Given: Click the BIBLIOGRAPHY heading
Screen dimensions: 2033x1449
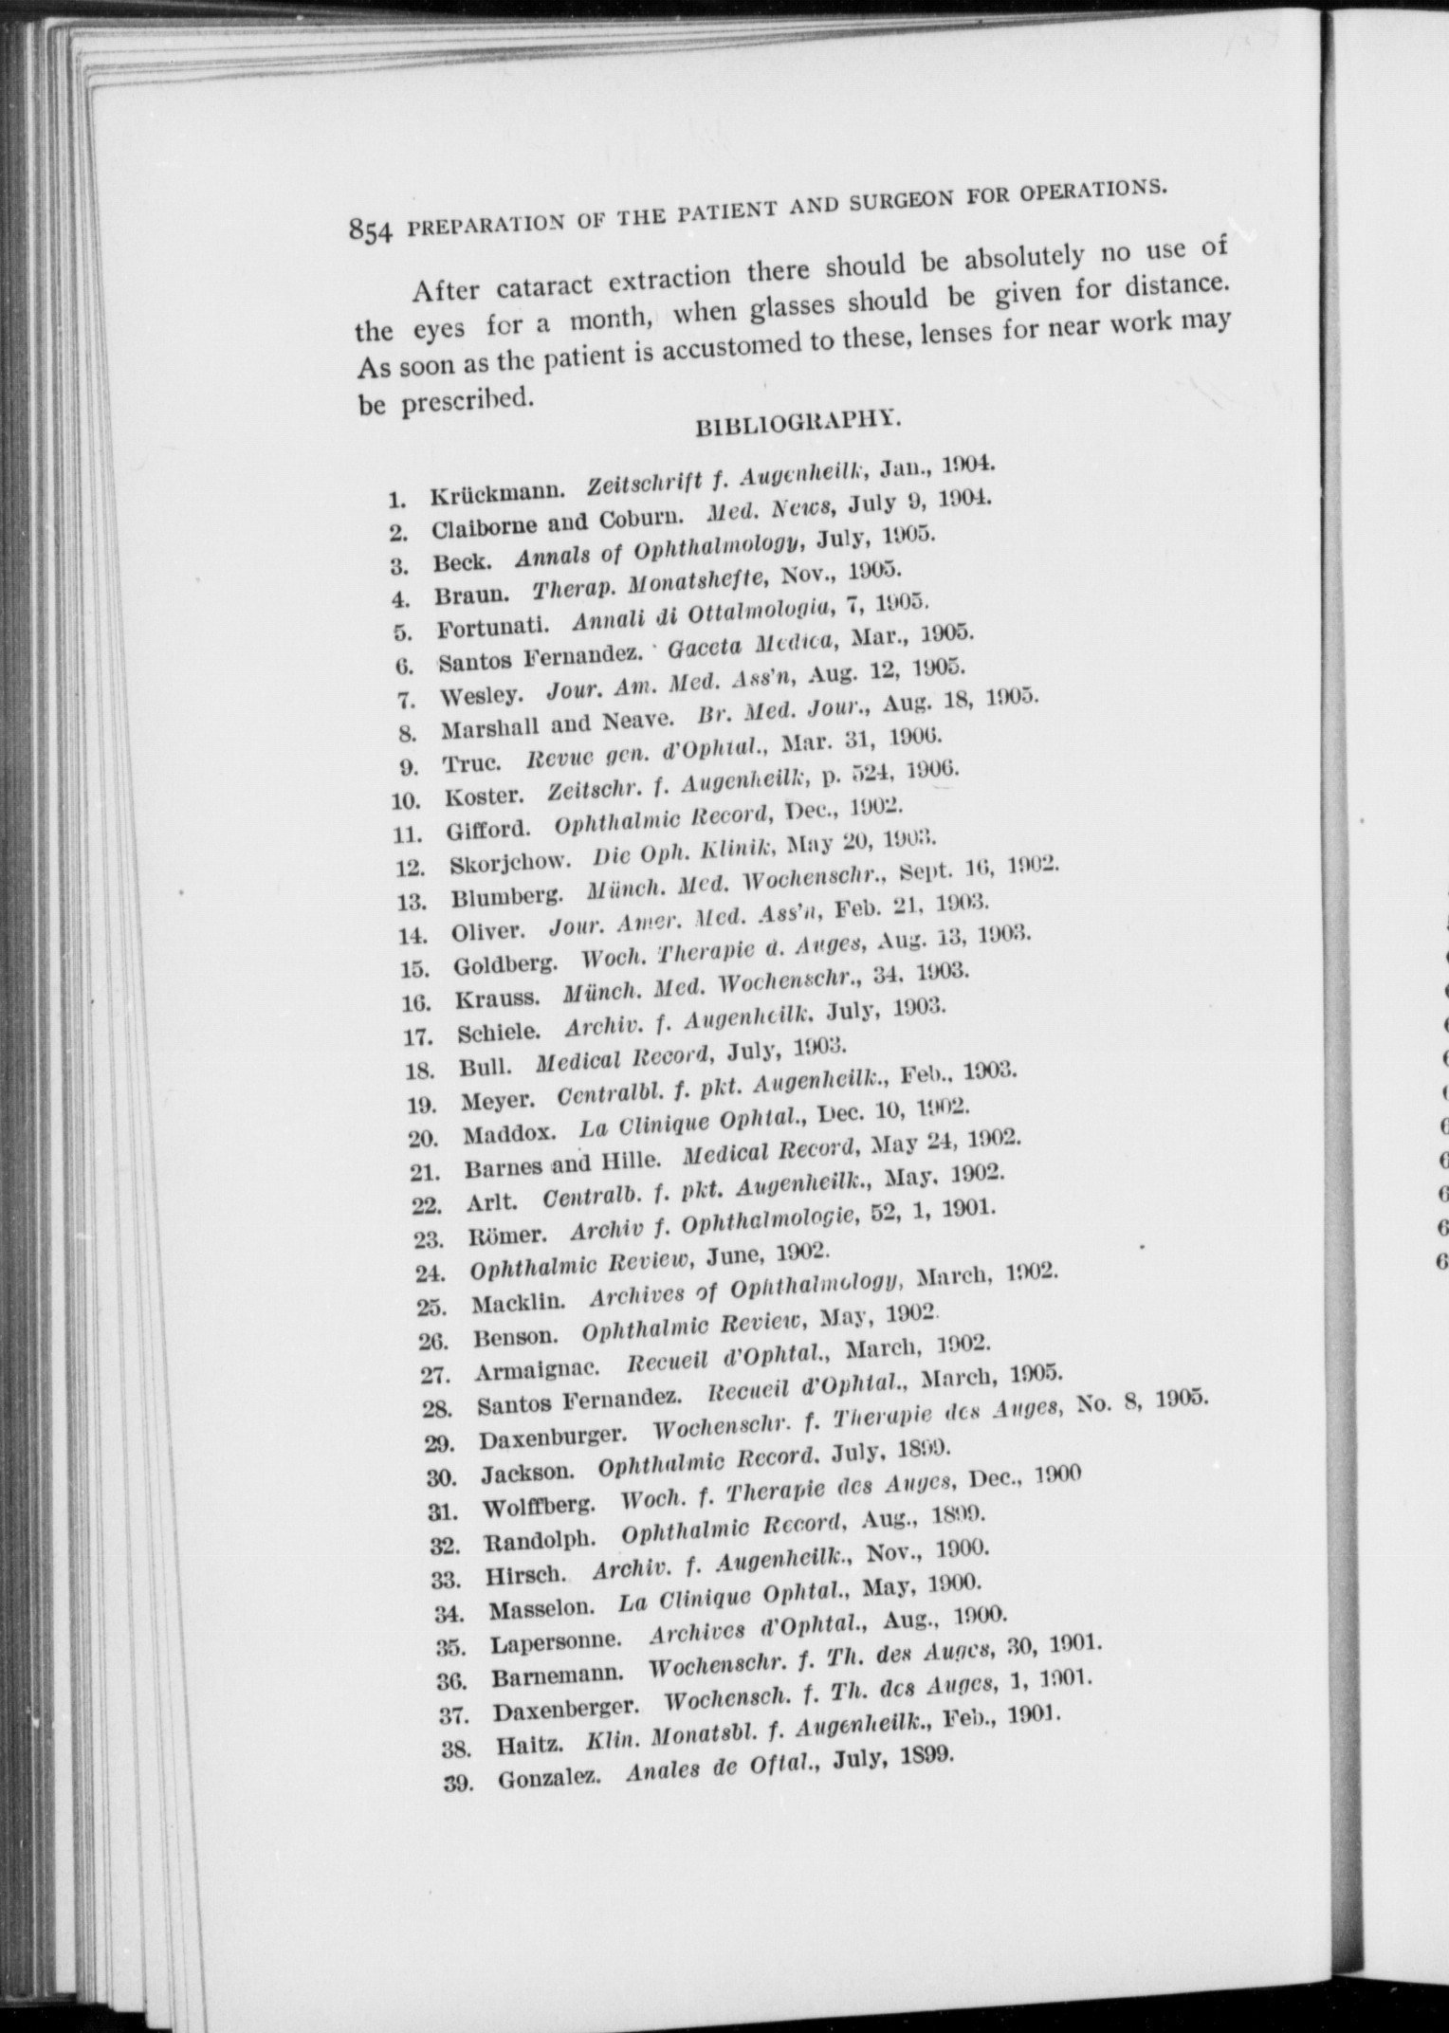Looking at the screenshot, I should tap(798, 422).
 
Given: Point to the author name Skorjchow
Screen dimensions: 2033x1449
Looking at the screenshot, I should tap(510, 865).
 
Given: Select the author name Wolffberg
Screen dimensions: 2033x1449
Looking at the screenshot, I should tap(539, 1507).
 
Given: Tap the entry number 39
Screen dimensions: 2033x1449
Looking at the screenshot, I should tap(458, 1784).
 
